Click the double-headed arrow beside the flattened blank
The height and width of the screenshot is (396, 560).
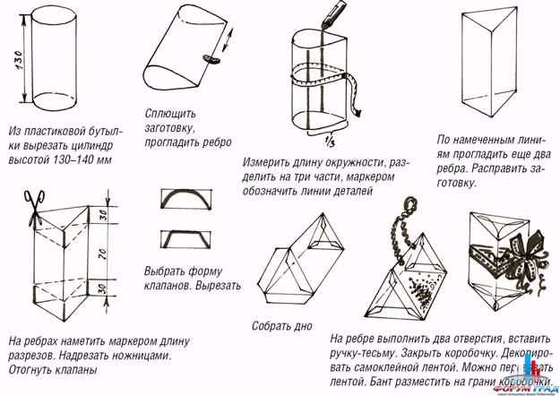pos(224,41)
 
